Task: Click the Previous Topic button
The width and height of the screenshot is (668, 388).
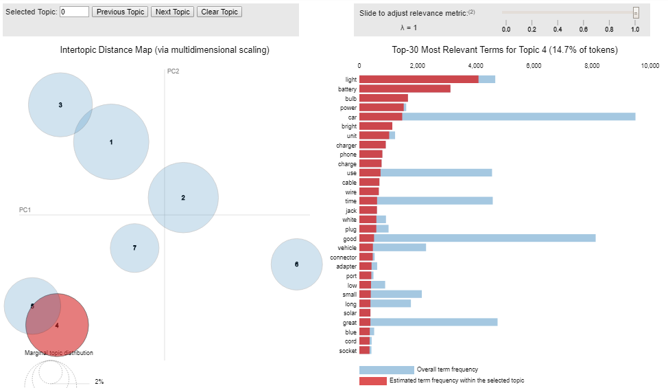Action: click(x=120, y=12)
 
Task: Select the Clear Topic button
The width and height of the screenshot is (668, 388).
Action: click(x=219, y=12)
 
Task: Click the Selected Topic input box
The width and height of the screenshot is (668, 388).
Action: click(x=74, y=12)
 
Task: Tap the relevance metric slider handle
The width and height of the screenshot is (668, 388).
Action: click(x=636, y=12)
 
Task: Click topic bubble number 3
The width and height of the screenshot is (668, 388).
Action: click(x=60, y=105)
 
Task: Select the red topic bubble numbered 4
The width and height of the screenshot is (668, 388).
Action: click(x=58, y=325)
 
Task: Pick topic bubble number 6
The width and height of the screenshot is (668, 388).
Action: click(x=296, y=264)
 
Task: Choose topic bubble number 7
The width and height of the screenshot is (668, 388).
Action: click(x=134, y=248)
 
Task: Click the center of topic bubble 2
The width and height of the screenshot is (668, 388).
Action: click(x=183, y=198)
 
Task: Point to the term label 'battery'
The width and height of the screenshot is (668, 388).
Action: click(x=347, y=89)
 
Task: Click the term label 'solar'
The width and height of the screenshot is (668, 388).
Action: click(x=349, y=313)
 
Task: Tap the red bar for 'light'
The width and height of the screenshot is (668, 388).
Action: click(x=418, y=80)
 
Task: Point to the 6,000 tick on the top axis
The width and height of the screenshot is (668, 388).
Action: click(x=534, y=67)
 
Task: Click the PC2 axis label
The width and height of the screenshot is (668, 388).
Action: click(x=173, y=71)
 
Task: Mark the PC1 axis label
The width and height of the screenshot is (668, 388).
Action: click(x=25, y=209)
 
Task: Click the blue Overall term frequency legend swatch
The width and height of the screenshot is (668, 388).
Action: click(x=386, y=370)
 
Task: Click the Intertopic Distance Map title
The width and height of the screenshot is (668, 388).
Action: click(x=165, y=50)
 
